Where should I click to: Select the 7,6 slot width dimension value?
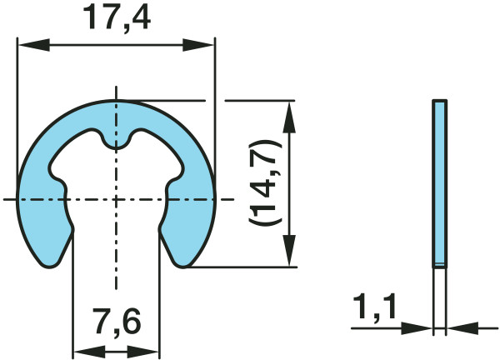[116, 319]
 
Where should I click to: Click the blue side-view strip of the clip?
[439, 183]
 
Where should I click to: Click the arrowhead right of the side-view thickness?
[457, 327]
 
